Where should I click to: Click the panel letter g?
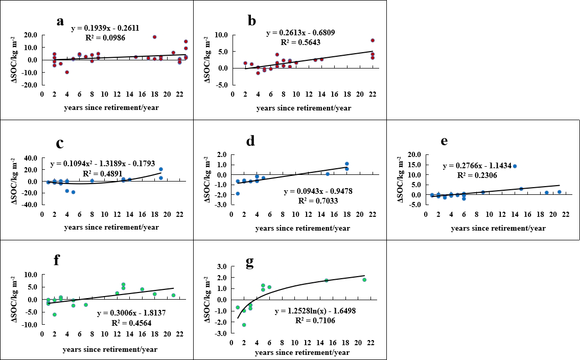click(x=250, y=262)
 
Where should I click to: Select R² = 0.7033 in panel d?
click(x=310, y=200)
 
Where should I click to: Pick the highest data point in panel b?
click(x=373, y=40)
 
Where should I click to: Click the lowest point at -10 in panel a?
click(x=67, y=72)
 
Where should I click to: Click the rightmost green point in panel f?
click(x=173, y=295)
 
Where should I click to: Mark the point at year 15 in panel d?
click(x=328, y=174)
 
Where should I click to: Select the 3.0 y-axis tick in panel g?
click(x=222, y=266)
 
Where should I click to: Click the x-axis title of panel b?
click(x=303, y=108)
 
